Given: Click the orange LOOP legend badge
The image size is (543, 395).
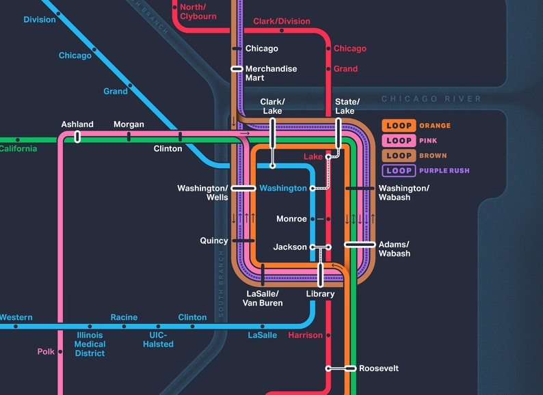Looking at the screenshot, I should coord(399,126).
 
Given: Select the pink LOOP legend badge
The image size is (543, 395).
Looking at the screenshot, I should coord(399,141).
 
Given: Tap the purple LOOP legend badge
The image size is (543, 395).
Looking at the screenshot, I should coord(399,171).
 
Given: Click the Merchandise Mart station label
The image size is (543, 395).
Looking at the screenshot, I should coord(271,73).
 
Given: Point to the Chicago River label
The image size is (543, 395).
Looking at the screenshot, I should coord(431,99).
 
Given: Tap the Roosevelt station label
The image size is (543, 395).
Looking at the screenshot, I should coord(378,368).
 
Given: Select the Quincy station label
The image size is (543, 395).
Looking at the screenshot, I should coord(214,241).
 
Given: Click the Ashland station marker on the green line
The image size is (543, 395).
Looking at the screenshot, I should coord(77,137).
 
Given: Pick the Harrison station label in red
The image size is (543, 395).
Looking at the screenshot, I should coord(305,336).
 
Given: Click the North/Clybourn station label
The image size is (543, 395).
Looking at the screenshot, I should coord(198,12).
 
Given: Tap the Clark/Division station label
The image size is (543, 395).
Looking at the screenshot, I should coord(281,22).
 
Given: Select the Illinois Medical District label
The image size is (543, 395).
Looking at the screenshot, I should coord(90,344).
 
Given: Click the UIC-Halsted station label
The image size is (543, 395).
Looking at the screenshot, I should coord(158,340).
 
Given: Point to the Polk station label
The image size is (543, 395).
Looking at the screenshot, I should coord(46,352).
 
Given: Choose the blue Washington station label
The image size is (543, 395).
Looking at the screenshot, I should coord(283,189).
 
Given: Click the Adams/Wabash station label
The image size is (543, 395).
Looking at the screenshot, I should coord(394,249).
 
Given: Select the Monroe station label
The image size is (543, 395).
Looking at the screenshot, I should coord(291,219).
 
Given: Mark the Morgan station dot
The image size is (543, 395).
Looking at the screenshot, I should coord(129,137).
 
